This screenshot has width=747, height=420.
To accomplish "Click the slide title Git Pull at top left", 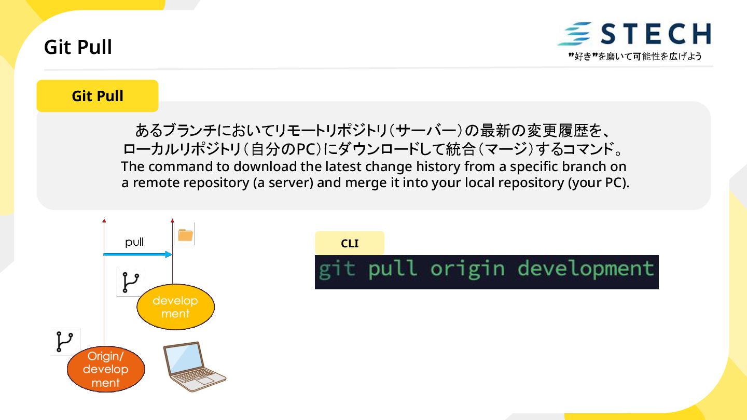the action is pyautogui.click(x=78, y=47).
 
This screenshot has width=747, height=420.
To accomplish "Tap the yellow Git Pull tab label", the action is pyautogui.click(x=98, y=96).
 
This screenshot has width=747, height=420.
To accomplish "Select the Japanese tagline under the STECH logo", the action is pyautogui.click(x=635, y=56).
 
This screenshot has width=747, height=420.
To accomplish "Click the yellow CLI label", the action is pyautogui.click(x=350, y=243).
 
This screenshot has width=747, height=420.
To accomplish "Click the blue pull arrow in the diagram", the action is pyautogui.click(x=137, y=254).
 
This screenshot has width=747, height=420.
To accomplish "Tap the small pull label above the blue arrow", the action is pyautogui.click(x=134, y=242).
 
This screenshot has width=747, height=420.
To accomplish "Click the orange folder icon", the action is pyautogui.click(x=185, y=235).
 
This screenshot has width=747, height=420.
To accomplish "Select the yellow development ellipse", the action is pyautogui.click(x=175, y=307).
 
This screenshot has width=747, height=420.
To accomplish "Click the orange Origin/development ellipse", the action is pyautogui.click(x=106, y=369).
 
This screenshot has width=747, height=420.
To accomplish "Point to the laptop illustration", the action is pyautogui.click(x=193, y=366).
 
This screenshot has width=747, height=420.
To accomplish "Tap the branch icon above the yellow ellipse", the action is pyautogui.click(x=130, y=283).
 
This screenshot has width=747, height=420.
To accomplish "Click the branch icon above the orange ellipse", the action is pyautogui.click(x=65, y=342).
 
